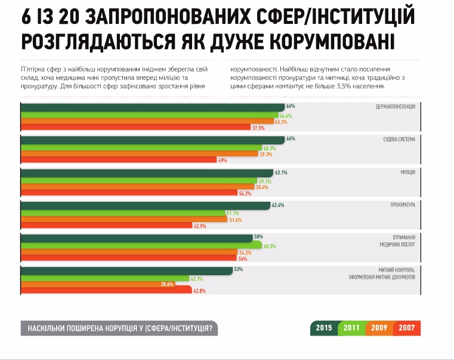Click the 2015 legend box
(324, 328)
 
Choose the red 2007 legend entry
(407, 328)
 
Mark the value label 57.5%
(258, 127)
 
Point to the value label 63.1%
(281, 173)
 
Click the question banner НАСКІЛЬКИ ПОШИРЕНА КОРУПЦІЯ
(119, 328)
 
